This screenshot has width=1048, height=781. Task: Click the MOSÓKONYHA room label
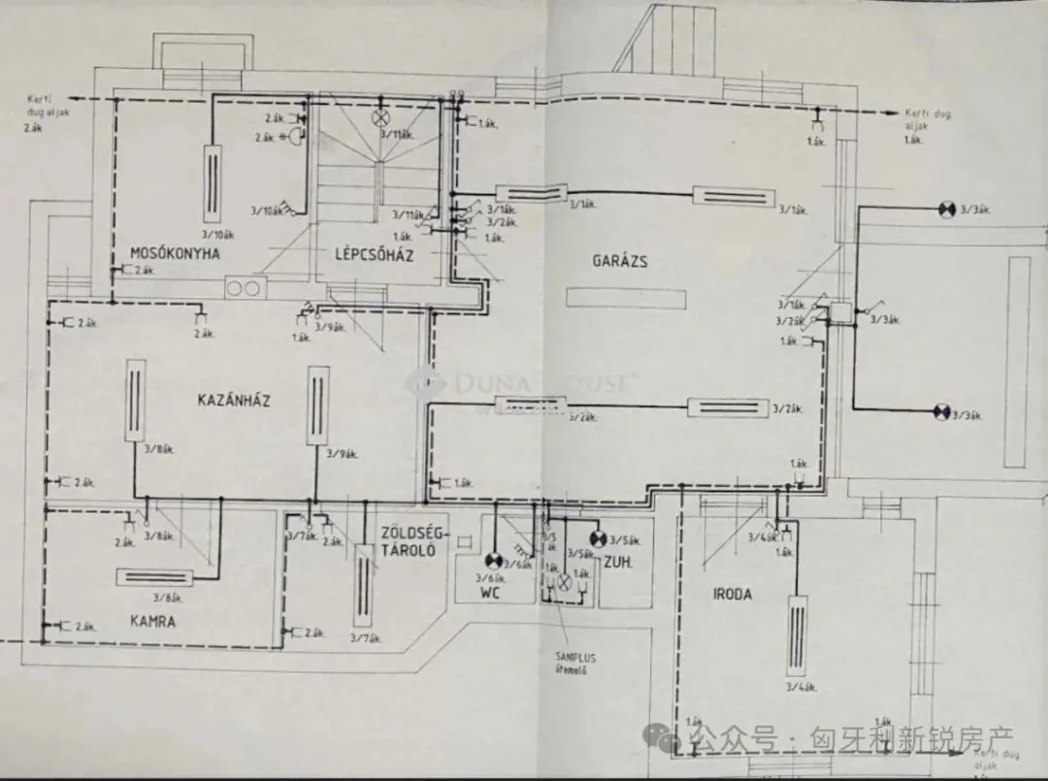tap(175, 254)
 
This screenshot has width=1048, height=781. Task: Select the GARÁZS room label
tap(620, 261)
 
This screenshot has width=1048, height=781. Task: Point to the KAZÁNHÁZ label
tap(233, 401)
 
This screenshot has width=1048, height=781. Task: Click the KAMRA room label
tap(153, 622)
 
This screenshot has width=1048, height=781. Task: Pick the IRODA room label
tap(732, 595)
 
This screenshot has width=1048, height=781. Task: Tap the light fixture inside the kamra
tap(155, 576)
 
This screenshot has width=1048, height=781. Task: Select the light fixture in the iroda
tap(797, 635)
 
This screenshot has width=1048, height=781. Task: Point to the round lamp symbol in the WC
tap(492, 560)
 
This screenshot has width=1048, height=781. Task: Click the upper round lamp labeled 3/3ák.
tap(945, 209)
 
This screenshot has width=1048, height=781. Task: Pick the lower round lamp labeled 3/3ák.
tap(940, 412)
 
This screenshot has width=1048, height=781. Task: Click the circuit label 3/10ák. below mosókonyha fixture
tap(216, 233)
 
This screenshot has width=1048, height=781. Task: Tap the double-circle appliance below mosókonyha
tap(245, 287)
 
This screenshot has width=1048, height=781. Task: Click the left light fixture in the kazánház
tap(137, 401)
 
